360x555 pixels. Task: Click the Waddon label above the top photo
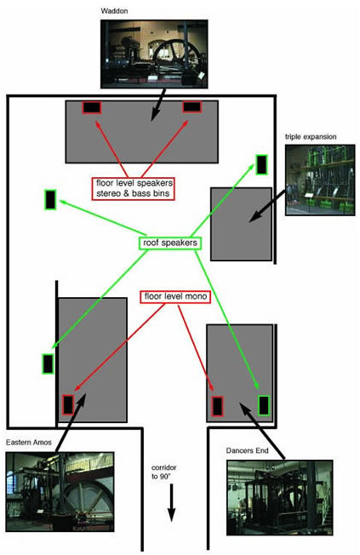114,11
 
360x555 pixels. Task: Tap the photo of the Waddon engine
154,54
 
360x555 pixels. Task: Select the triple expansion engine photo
320,180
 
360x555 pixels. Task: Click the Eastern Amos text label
29,442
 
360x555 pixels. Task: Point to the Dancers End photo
280,497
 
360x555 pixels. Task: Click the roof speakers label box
170,243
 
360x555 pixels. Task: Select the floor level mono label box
175,296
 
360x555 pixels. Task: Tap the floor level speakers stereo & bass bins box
134,188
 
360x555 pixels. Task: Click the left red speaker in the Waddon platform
92,107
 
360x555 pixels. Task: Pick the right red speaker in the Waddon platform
192,106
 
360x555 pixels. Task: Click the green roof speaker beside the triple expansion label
261,164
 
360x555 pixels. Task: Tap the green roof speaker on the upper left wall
50,200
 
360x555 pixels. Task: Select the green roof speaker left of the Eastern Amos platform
48,363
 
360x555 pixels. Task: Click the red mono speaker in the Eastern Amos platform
68,405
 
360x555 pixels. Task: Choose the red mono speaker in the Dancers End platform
217,406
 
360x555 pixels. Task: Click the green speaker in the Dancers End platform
264,405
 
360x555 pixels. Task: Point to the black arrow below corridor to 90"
172,502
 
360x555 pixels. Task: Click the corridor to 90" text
164,472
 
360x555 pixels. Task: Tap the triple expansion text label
311,137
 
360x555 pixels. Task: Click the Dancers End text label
247,450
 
